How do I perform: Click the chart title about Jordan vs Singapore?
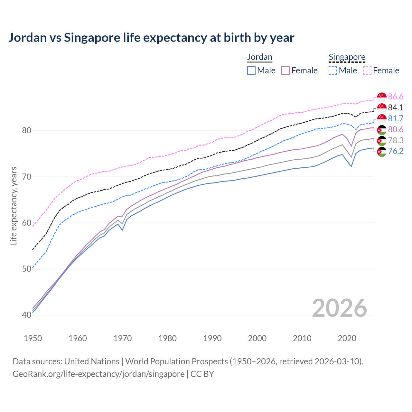tap(151, 38)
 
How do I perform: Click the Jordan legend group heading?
tap(259, 57)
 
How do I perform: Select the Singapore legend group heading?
tap(347, 57)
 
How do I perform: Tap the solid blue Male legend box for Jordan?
tap(251, 70)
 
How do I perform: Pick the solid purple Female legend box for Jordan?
tap(286, 70)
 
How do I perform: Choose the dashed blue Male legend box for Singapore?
tap(333, 70)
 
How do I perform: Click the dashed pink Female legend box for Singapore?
tap(367, 70)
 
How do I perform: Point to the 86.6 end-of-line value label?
tap(396, 97)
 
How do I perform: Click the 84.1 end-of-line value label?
tap(396, 108)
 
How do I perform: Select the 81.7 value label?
tap(396, 118)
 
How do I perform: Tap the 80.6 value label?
tap(396, 129)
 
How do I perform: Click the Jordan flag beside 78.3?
tap(382, 141)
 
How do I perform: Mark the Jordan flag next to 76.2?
tap(382, 152)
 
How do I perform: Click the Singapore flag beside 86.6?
tap(382, 97)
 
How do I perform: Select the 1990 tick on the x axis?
tap(212, 338)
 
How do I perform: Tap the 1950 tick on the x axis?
tap(33, 338)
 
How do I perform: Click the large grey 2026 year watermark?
tap(339, 308)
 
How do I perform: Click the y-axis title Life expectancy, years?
tap(14, 206)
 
